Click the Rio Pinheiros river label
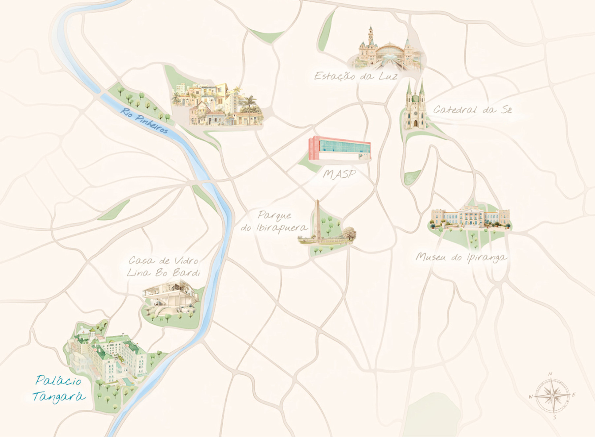click(144, 121)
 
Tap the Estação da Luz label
click(356, 76)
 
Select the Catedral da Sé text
click(472, 110)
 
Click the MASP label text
click(339, 174)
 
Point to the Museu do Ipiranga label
click(461, 257)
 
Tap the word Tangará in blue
click(59, 396)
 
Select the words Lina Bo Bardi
click(164, 273)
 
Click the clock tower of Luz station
click(371, 36)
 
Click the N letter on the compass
click(550, 374)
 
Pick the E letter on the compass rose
click(574, 395)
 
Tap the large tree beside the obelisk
click(349, 233)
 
